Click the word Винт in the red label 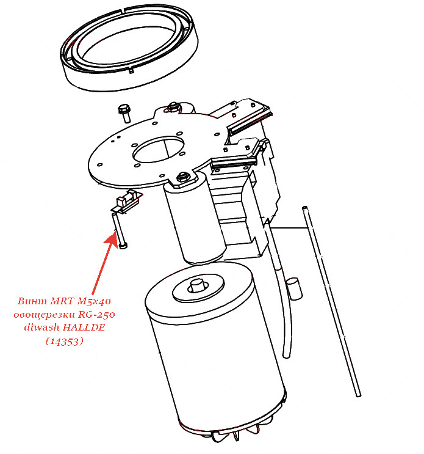[x=32, y=301]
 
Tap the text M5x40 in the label [x=94, y=301]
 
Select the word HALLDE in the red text [x=84, y=327]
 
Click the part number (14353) [x=65, y=341]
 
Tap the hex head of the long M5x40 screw [x=123, y=246]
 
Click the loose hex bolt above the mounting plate [x=124, y=113]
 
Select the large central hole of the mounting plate [x=159, y=149]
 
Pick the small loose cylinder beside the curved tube [x=294, y=288]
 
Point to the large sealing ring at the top [x=129, y=48]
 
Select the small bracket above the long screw [x=127, y=202]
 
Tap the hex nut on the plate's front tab [x=182, y=177]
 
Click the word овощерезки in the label [x=46, y=315]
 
